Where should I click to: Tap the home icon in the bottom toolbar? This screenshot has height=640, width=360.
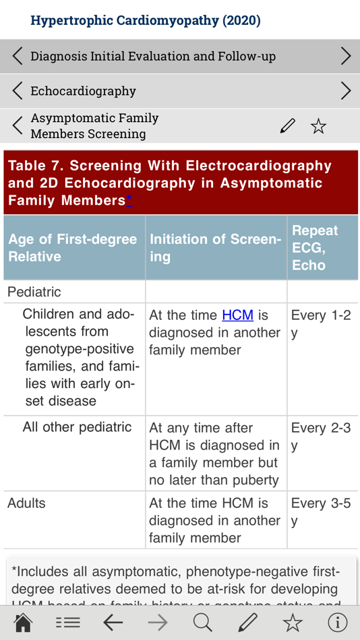coord(23,622)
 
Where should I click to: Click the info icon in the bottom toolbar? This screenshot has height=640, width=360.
coord(337,622)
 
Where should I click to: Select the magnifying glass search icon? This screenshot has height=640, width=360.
coord(202,622)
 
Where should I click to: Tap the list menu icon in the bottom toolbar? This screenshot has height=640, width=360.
coord(68,622)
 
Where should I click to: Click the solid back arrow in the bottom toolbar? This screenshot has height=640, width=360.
coord(113,622)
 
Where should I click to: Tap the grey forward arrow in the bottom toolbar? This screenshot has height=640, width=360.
coord(158,622)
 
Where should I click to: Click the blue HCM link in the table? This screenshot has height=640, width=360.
coord(237,315)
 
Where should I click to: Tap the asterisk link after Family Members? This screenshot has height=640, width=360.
coord(129,201)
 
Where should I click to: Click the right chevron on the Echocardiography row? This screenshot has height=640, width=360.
coord(345,91)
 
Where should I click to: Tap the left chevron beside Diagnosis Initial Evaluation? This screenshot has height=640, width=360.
coord(18,56)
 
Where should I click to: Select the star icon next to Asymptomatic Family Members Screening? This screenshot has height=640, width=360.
coord(318,126)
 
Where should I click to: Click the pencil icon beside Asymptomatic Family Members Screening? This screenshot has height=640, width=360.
coord(288,126)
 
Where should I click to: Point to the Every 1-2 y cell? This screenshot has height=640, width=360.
coord(321,324)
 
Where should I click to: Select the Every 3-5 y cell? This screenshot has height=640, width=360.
coord(321,512)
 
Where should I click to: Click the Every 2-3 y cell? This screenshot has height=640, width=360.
coord(321,437)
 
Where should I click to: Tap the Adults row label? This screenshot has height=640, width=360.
coord(27,503)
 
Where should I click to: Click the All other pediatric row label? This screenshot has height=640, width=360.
coord(77,427)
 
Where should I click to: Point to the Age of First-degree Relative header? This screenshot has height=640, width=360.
coord(73,248)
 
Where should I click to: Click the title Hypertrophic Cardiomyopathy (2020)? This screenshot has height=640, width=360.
coord(146,20)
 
